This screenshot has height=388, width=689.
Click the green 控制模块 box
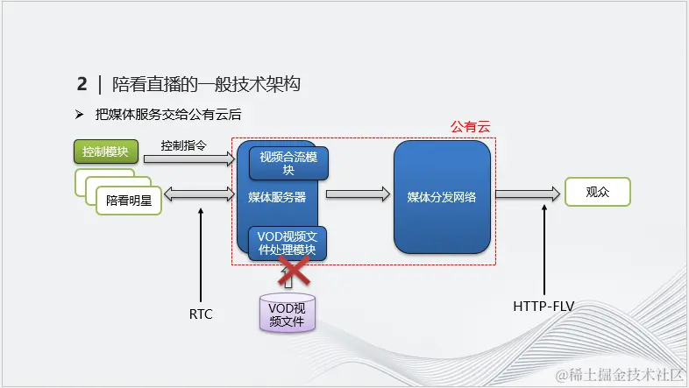[106, 152]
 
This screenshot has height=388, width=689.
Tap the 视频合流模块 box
[283, 163]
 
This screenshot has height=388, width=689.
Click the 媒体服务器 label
[277, 198]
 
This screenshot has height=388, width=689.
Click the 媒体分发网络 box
[442, 197]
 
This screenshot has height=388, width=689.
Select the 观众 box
[597, 192]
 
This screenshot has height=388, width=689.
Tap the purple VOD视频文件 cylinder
[287, 313]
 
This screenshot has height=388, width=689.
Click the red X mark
[295, 273]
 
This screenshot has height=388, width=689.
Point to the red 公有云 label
[472, 128]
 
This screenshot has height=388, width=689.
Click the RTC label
[201, 314]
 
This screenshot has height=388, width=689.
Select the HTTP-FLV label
[544, 307]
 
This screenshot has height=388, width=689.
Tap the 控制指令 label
[184, 145]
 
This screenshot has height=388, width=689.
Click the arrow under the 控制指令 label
[189, 159]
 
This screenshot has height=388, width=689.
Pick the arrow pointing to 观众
[527, 194]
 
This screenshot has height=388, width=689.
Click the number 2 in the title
[82, 84]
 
